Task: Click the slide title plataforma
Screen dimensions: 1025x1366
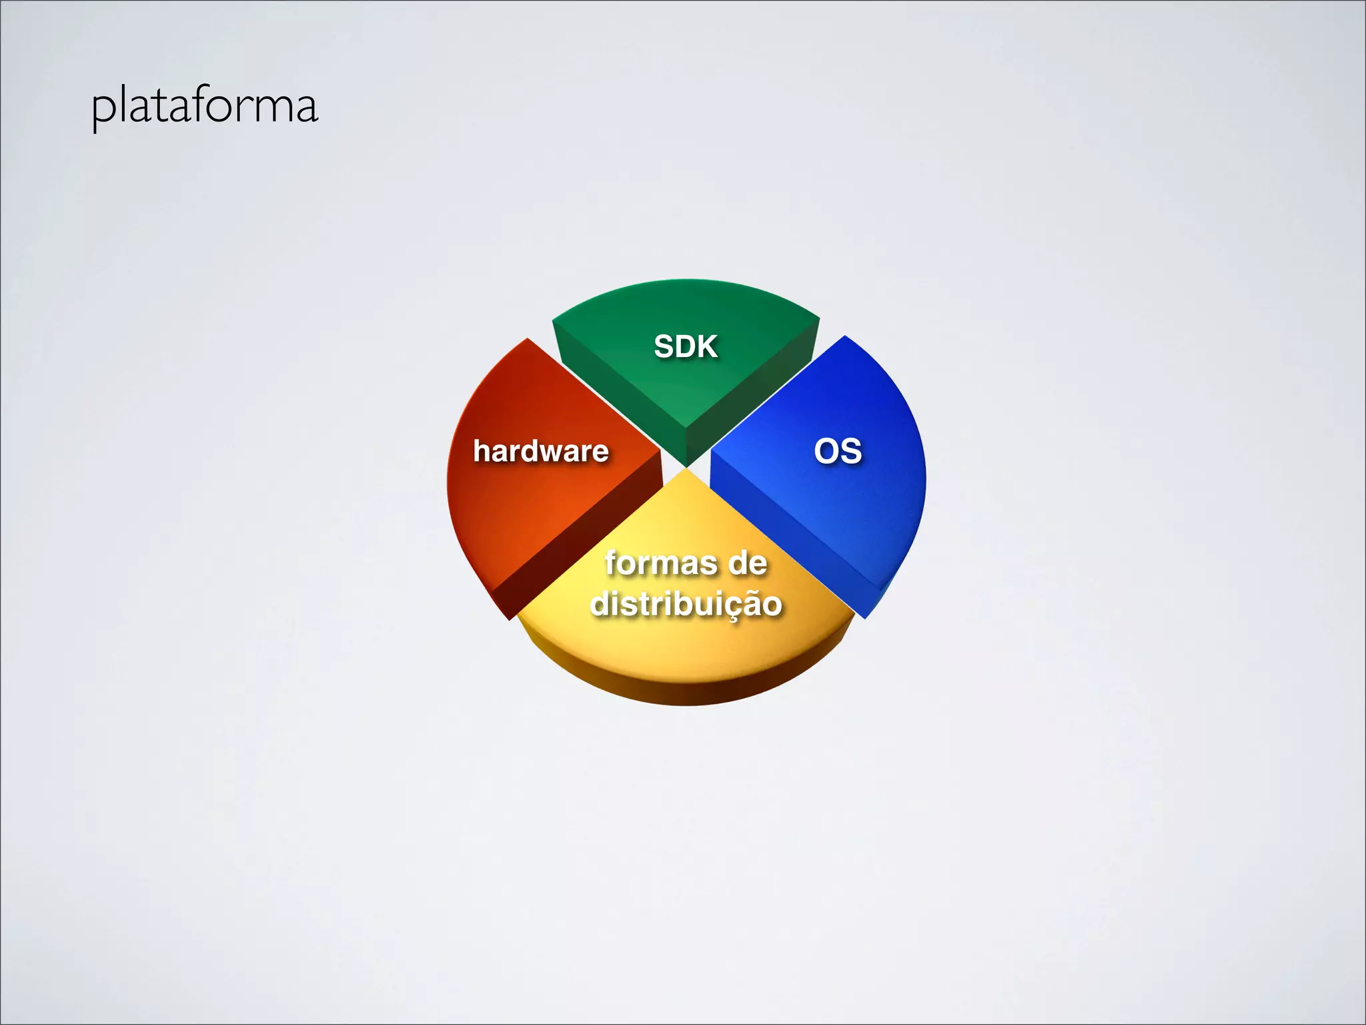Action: coord(205,107)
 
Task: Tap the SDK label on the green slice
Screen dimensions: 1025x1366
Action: coord(685,346)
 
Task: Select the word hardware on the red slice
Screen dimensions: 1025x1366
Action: coord(540,451)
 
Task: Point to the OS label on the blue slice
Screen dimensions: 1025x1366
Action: coord(838,451)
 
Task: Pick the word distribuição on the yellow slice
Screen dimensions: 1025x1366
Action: coord(686,603)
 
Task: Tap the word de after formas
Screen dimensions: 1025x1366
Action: coord(747,563)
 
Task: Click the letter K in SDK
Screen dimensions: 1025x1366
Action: coord(706,346)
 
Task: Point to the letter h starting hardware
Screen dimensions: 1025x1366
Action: coord(481,450)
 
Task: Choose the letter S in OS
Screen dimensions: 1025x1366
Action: coord(850,451)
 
